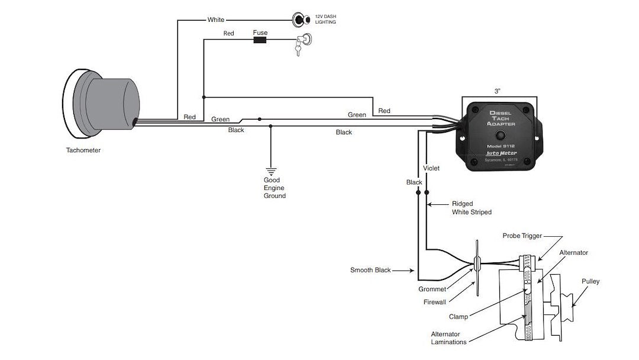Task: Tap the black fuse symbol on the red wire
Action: point(259,41)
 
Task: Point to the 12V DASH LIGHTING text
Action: point(325,20)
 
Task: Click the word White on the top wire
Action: point(216,20)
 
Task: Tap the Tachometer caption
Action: point(83,150)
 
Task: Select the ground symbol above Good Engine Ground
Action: point(272,171)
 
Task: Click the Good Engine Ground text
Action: point(275,188)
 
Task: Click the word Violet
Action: point(432,168)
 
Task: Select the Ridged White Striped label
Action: point(472,208)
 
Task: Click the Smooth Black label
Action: point(370,270)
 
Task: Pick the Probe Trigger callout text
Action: point(522,236)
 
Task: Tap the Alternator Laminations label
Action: point(448,337)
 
